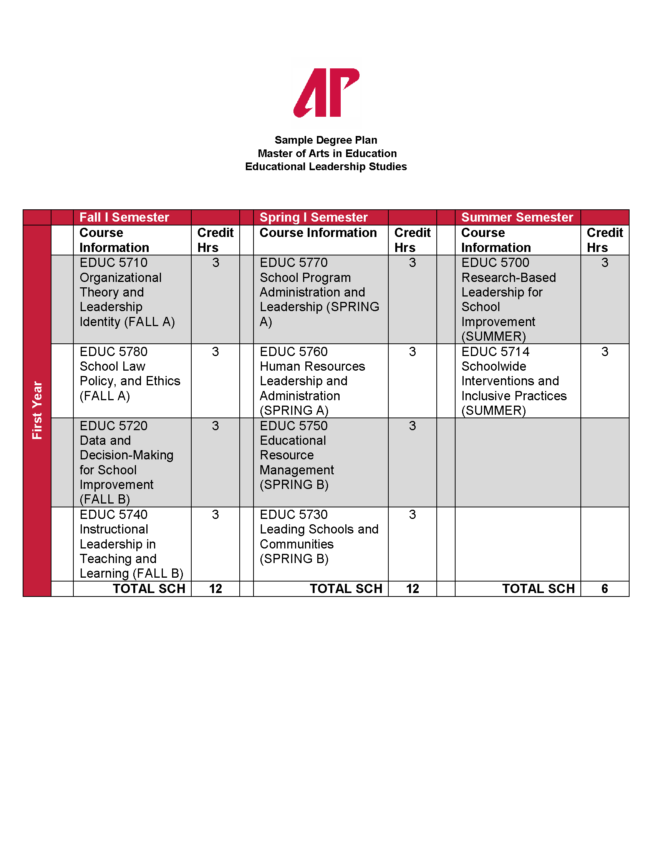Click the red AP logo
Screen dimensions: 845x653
coord(326,93)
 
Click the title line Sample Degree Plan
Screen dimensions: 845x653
coord(326,140)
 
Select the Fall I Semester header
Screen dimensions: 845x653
coord(124,217)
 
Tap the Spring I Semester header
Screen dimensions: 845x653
coord(313,217)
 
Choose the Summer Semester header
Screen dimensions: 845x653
coord(517,217)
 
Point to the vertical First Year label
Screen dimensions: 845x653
coord(37,410)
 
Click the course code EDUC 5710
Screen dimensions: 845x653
coord(113,263)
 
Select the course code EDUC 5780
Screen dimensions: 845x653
coord(113,352)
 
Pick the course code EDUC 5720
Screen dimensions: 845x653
coord(113,426)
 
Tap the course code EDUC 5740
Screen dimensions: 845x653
coord(113,515)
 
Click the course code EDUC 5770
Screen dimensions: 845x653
coord(293,263)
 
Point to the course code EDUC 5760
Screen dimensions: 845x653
coord(293,352)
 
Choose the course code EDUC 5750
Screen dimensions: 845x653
coord(293,426)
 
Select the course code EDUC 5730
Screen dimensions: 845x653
coord(293,515)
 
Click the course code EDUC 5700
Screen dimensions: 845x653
coord(495,263)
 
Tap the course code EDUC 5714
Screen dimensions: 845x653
coord(495,352)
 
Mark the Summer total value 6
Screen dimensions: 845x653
coord(605,589)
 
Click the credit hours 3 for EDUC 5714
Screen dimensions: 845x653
coord(605,352)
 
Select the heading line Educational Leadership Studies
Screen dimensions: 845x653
coord(326,166)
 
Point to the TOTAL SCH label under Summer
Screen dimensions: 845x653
coord(538,589)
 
